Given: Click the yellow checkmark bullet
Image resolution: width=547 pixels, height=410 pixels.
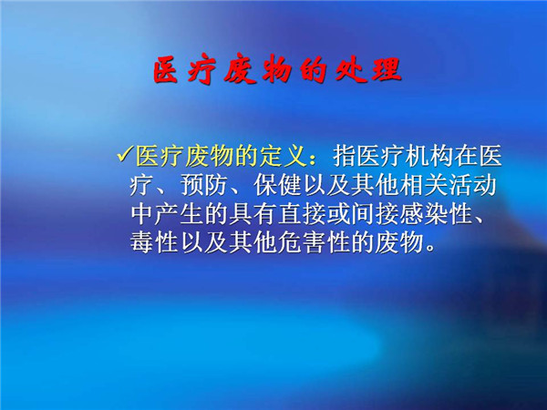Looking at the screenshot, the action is pos(125,154).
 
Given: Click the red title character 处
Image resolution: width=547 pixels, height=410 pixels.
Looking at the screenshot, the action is pos(350,69).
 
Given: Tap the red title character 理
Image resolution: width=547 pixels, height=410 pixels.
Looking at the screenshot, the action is pos(387,69).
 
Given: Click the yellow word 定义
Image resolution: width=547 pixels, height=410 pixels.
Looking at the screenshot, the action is pos(283,156).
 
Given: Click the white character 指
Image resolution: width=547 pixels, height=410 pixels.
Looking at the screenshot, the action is pos(345,156).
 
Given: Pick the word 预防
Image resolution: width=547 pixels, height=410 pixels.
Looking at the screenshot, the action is pos(203,185).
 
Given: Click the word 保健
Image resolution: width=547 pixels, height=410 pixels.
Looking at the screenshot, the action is pos(277,185).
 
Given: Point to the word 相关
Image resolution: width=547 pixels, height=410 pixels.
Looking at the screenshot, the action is pos(424,185).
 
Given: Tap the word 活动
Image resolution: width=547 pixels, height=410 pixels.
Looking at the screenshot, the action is pos(472,185).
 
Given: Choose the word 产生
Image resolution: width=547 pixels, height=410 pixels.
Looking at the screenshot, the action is pos(179,213).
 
